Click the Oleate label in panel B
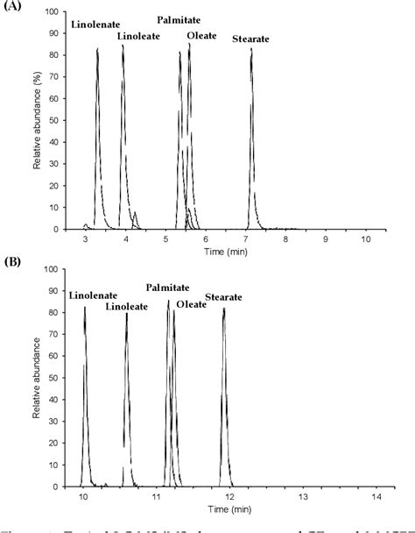point(192,303)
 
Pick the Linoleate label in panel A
point(137,36)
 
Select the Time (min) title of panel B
point(215,509)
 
